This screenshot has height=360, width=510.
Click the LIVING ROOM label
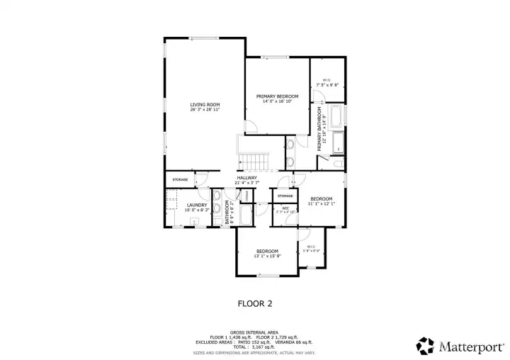[205, 104]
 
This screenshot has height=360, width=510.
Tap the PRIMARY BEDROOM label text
[277, 96]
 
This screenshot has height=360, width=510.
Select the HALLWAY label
[246, 177]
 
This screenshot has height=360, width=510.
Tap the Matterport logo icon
[425, 346]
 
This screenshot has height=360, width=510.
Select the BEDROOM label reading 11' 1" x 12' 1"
[321, 198]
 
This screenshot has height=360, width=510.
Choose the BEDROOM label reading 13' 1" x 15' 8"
[267, 251]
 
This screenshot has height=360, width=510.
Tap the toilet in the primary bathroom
[338, 164]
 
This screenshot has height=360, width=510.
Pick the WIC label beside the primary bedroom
[327, 79]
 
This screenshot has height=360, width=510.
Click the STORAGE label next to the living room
[180, 179]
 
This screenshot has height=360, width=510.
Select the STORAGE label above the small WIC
[285, 196]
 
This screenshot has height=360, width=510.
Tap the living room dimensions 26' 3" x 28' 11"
[205, 110]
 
